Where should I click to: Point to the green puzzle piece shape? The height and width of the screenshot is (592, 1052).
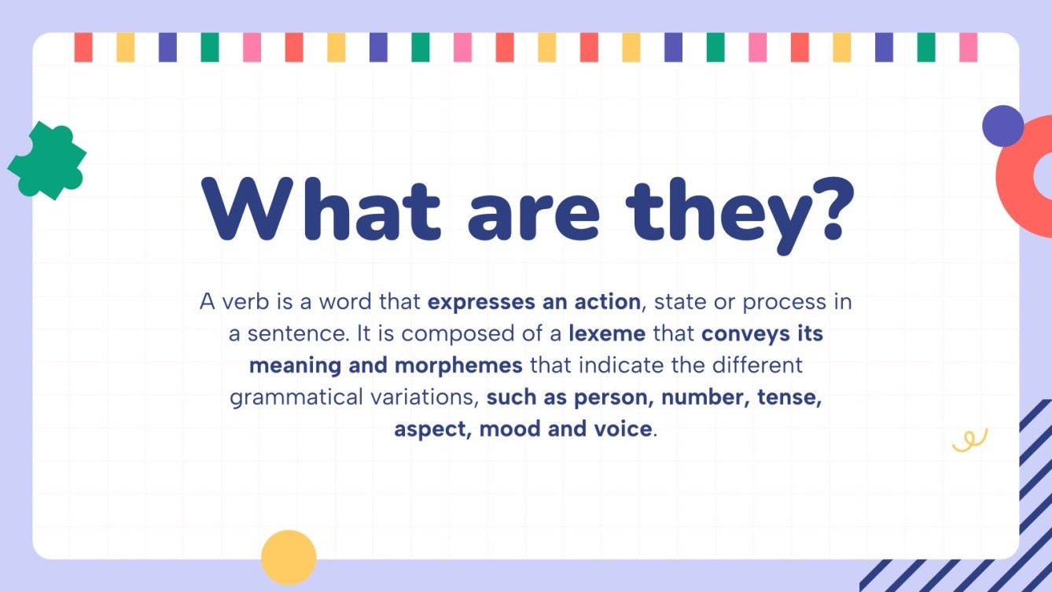(x=46, y=161)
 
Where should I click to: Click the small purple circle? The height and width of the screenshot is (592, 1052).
(x=1002, y=126)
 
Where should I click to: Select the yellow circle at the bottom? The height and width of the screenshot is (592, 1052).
(x=289, y=557)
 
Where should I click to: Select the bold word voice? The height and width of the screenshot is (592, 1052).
(x=623, y=429)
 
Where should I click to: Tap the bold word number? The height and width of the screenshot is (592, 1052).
(x=704, y=397)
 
